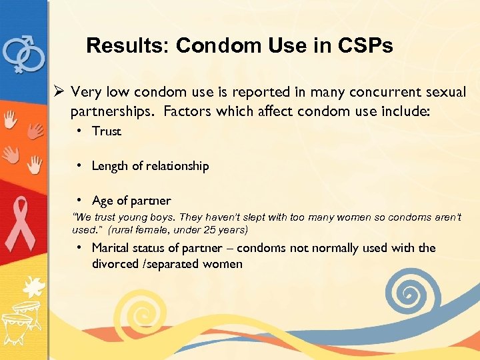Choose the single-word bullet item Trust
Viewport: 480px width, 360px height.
[107, 131]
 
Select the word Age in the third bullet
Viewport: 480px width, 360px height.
[103, 201]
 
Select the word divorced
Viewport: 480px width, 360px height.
[115, 264]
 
